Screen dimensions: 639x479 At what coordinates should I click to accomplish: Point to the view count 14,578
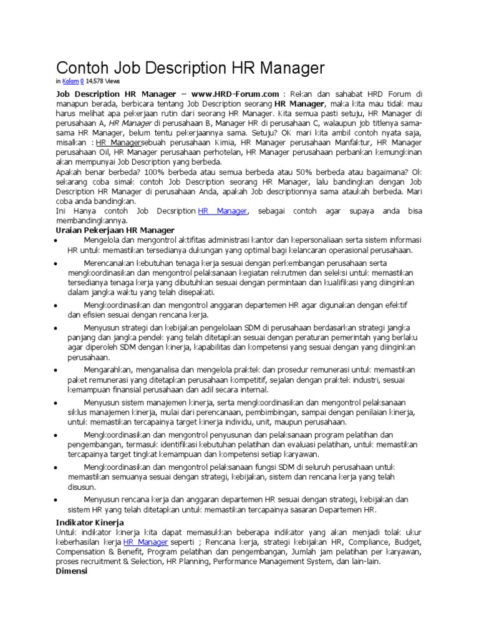(x=94, y=81)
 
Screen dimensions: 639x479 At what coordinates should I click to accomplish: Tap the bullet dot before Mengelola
(x=57, y=241)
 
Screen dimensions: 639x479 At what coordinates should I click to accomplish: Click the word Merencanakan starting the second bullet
(x=110, y=264)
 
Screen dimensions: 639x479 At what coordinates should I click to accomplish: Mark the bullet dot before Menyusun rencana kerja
(x=57, y=500)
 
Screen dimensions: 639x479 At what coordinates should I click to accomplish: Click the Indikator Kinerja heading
(x=90, y=522)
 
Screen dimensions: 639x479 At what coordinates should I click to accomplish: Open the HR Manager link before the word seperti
(x=145, y=542)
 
